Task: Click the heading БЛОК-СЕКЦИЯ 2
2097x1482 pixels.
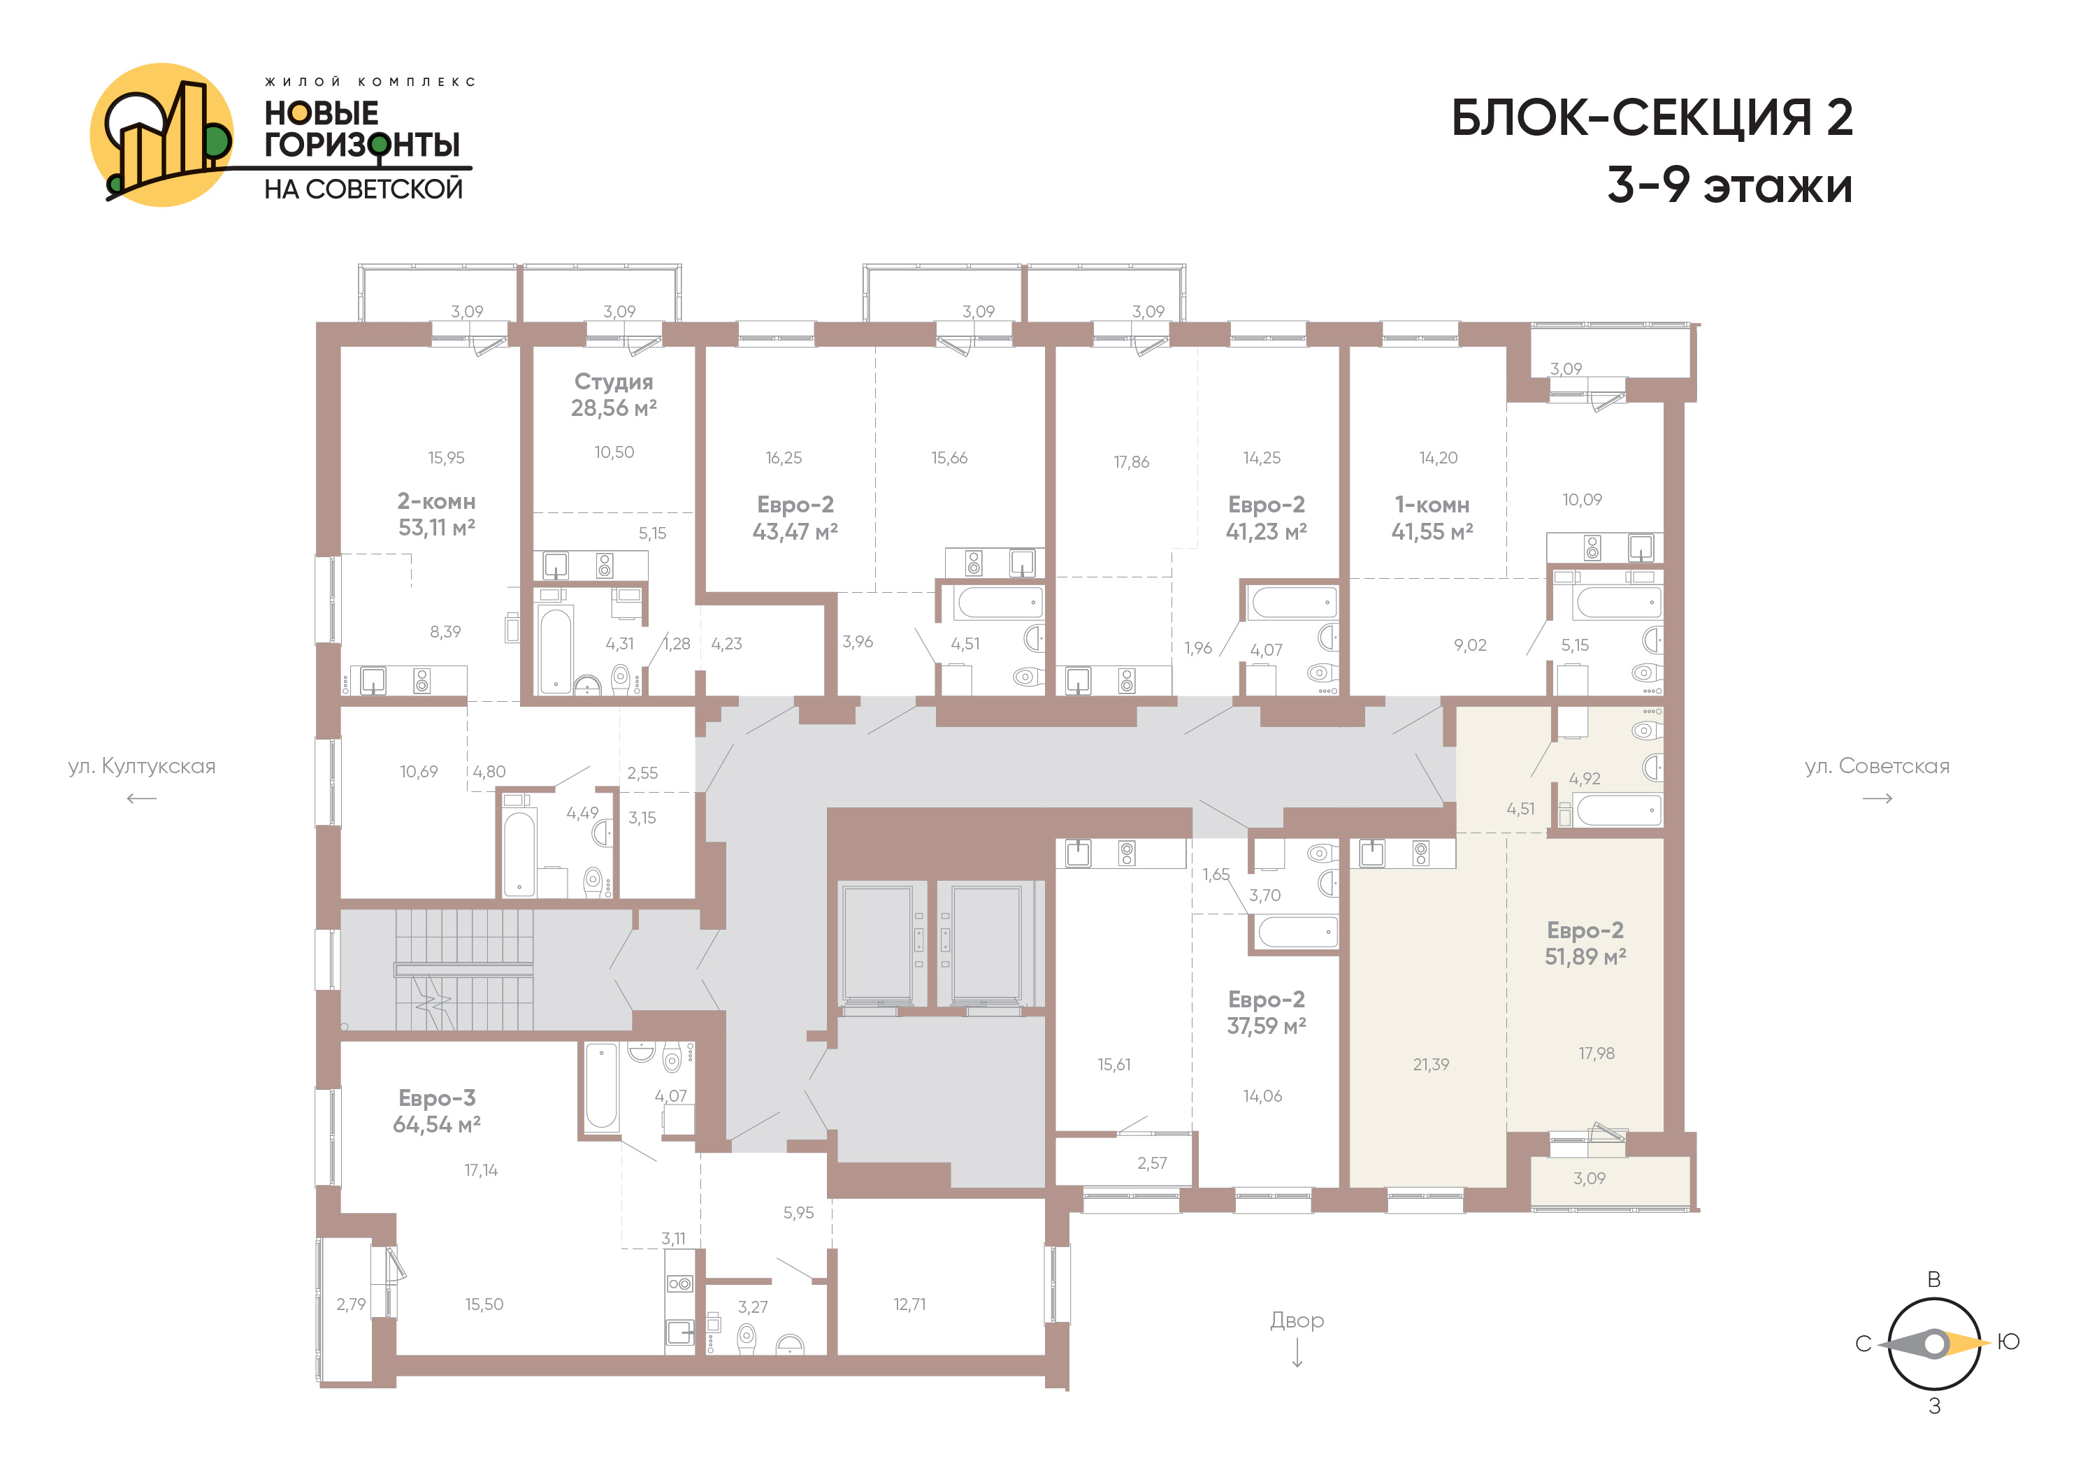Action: [1652, 118]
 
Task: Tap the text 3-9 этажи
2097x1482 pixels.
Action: [1730, 185]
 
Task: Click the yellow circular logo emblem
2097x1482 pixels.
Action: [161, 135]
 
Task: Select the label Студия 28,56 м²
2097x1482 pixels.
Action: [614, 394]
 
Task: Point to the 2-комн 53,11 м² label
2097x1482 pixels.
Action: [437, 514]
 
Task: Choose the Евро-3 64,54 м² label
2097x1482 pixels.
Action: [437, 1111]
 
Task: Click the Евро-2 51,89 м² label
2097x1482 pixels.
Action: [1585, 943]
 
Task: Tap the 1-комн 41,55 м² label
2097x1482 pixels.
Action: [1432, 518]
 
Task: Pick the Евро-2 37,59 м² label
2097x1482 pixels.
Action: [1266, 1013]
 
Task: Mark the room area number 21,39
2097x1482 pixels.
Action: [1431, 1065]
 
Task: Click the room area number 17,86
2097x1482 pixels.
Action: [1131, 462]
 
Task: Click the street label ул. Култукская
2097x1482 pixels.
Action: [142, 766]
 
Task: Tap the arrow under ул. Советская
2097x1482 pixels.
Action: [1877, 799]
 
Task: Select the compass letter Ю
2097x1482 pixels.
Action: [2008, 1342]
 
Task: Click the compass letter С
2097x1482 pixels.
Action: [1864, 1344]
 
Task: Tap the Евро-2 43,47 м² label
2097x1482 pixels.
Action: [795, 518]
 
